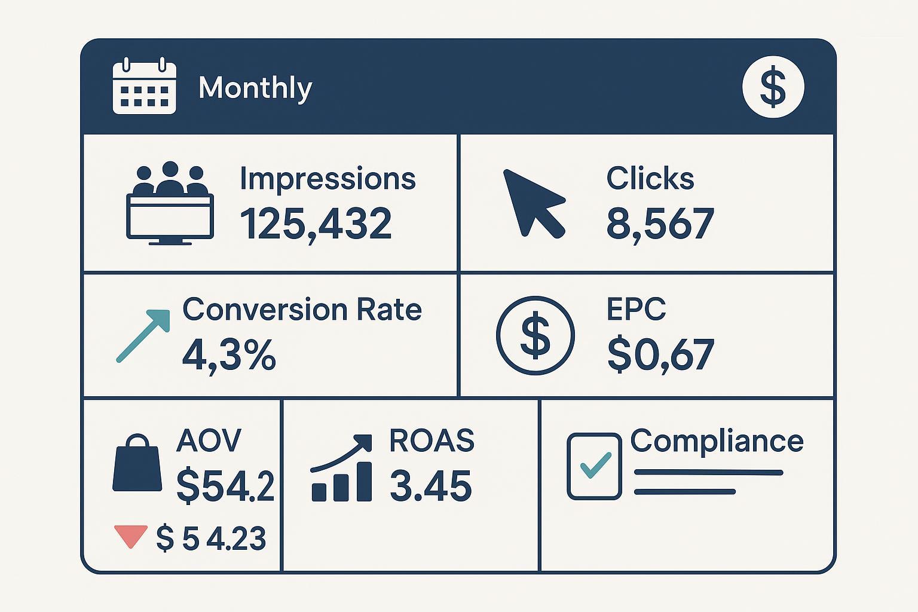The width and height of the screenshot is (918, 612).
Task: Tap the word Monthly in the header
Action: pyautogui.click(x=255, y=88)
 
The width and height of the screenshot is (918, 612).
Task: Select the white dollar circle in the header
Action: pyautogui.click(x=773, y=87)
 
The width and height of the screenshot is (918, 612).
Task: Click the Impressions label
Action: pyautogui.click(x=328, y=179)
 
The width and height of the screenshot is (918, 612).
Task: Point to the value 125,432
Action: pyautogui.click(x=316, y=224)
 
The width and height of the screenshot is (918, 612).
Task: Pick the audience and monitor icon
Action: pyautogui.click(x=170, y=203)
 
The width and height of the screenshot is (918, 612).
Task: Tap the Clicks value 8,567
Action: pyautogui.click(x=660, y=224)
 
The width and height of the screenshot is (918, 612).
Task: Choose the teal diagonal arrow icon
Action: pyautogui.click(x=143, y=335)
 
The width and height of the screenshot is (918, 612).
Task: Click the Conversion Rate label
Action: pyautogui.click(x=302, y=310)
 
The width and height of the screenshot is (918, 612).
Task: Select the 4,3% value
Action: pyautogui.click(x=229, y=354)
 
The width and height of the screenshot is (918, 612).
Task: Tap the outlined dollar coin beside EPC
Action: pyautogui.click(x=535, y=335)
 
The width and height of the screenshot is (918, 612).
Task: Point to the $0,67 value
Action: pyautogui.click(x=660, y=354)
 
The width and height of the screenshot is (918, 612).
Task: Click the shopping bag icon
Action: pyautogui.click(x=137, y=463)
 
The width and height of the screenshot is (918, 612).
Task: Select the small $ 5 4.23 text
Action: pyautogui.click(x=211, y=538)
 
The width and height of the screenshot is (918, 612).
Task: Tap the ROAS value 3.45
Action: pyautogui.click(x=430, y=485)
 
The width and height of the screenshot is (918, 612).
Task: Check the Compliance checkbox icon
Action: pyautogui.click(x=593, y=466)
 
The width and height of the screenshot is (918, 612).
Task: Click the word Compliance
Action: pyautogui.click(x=717, y=442)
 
